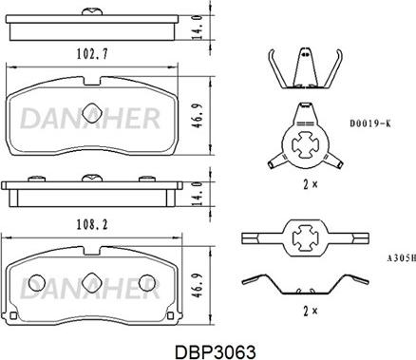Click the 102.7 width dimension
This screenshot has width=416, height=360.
click(92, 54)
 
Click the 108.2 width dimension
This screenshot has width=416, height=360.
click(92, 224)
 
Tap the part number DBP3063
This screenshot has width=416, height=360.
click(216, 351)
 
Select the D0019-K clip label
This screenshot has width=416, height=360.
click(370, 123)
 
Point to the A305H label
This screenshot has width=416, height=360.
click(401, 258)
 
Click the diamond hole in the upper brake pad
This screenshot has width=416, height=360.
click(92, 112)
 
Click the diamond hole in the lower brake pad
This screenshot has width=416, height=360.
click(92, 282)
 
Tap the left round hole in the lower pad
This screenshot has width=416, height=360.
click(37, 282)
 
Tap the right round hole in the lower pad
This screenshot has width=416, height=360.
click(147, 282)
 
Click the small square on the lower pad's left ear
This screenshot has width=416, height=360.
click(13, 315)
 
